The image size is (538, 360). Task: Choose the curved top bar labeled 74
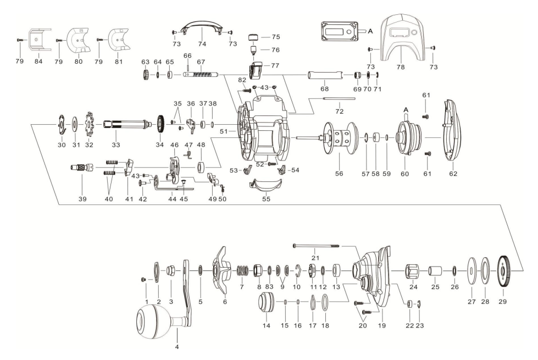(x=201, y=25)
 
